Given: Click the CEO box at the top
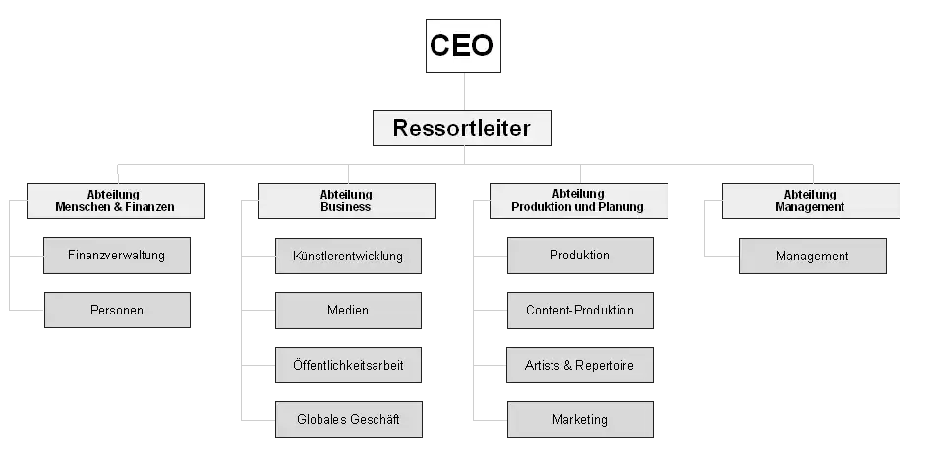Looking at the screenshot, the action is click(463, 45).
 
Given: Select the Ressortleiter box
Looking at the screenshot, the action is click(461, 128).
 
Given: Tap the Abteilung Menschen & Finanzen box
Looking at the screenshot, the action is click(116, 200).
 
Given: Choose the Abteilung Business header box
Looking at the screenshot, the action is click(347, 200).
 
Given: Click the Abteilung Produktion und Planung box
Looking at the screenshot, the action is click(579, 200).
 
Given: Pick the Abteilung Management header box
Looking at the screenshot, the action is click(810, 200).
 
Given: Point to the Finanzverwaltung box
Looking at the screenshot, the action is click(117, 256).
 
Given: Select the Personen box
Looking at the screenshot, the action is click(117, 310).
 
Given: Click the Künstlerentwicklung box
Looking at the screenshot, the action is click(348, 256).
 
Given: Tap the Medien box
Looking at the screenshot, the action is click(348, 311).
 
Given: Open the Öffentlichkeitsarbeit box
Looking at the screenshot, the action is click(348, 365).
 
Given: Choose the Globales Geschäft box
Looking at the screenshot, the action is click(349, 419).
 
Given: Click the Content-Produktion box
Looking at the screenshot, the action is click(580, 311).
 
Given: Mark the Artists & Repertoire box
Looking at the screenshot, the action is click(580, 365).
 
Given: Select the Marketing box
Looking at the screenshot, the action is click(580, 419).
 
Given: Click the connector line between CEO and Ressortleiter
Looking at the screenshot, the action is click(464, 91).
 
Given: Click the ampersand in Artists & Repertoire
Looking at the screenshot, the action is click(567, 366).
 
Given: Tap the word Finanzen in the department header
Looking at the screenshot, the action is click(152, 207).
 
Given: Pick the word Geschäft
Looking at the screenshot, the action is click(375, 419).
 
